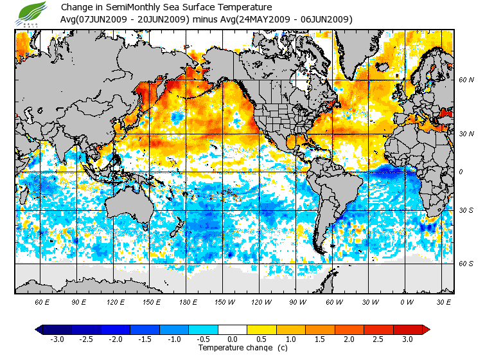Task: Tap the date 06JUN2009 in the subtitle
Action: click(x=326, y=19)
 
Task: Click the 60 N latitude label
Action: click(x=466, y=80)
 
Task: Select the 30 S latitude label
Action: click(x=466, y=211)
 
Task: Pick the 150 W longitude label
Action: click(x=225, y=301)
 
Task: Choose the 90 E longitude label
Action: click(x=79, y=301)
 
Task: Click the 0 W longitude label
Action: click(x=407, y=301)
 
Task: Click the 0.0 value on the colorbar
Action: click(x=233, y=339)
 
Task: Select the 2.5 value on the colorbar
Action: click(x=379, y=339)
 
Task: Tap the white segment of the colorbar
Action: click(x=233, y=330)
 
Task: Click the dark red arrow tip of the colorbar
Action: click(x=426, y=330)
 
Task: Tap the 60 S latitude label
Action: click(x=466, y=263)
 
